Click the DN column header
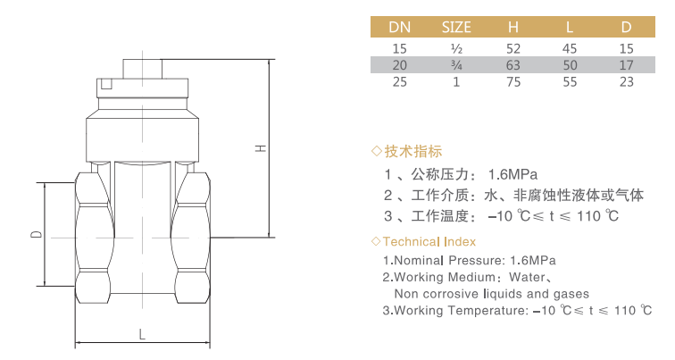coord(399,27)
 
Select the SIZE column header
coord(456,27)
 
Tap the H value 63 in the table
coord(513,65)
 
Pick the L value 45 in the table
coord(570,48)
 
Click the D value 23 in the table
coord(627,82)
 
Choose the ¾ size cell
coord(456,65)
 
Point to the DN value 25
coord(399,82)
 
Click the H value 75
coord(513,82)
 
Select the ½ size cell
coord(456,48)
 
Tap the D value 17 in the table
coord(627,65)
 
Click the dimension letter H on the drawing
coord(261,148)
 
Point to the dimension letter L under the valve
coord(142,334)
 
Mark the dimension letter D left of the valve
coord(37,234)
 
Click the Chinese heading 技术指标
coord(413,151)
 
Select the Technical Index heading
coord(429,241)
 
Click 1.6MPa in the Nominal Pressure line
coord(533,261)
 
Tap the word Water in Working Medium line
coord(528,277)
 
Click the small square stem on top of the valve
coord(143,69)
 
